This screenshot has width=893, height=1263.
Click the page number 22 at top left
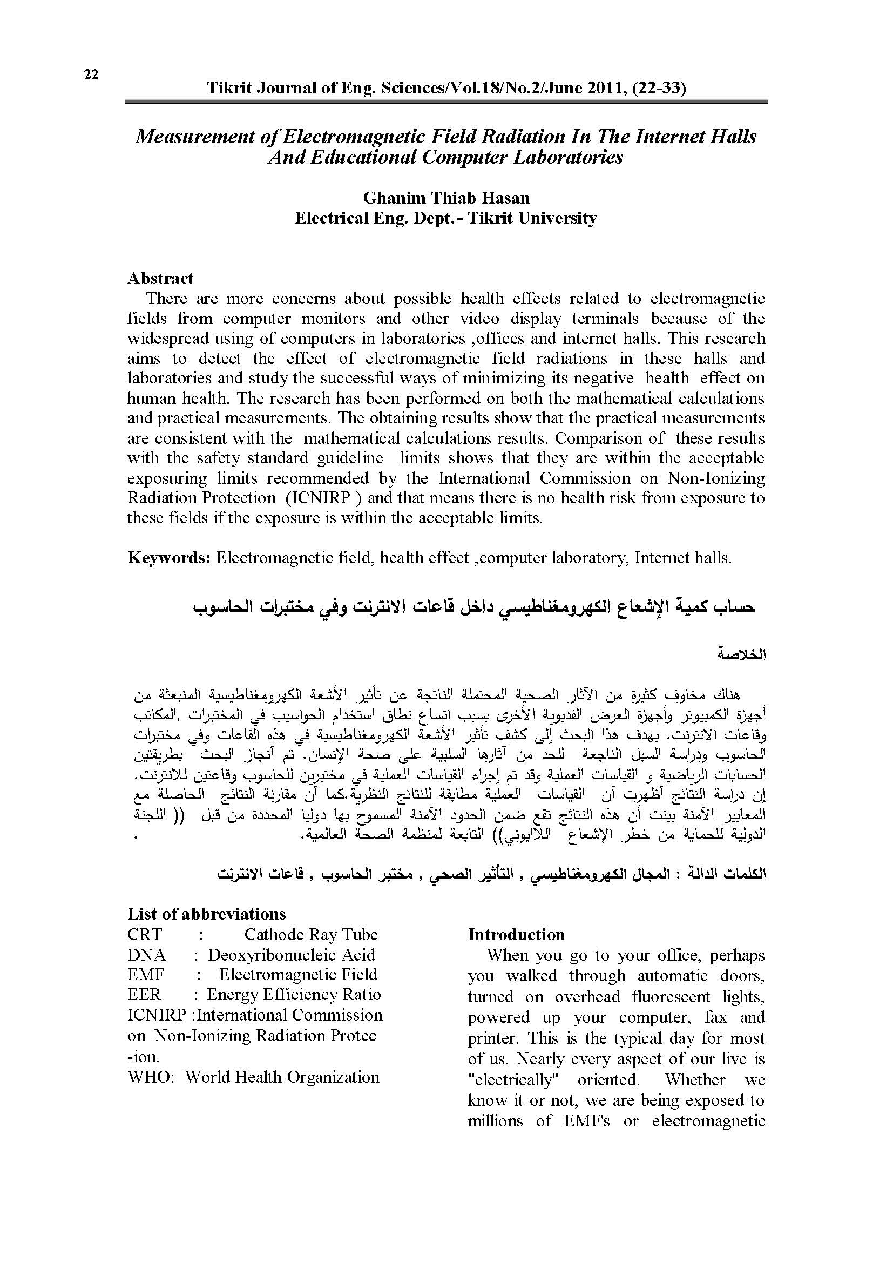pyautogui.click(x=91, y=75)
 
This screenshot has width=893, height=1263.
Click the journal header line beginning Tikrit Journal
pyautogui.click(x=446, y=88)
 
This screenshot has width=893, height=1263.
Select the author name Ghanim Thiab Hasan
pyautogui.click(x=446, y=198)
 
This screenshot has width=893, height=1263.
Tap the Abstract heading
pyautogui.click(x=160, y=278)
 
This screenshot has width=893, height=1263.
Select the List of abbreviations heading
pyautogui.click(x=207, y=914)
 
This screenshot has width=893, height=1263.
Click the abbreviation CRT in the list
pyautogui.click(x=145, y=935)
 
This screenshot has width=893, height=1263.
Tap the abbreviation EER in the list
pyautogui.click(x=144, y=995)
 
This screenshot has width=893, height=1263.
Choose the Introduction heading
pyautogui.click(x=516, y=935)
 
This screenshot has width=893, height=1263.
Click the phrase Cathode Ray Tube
pyautogui.click(x=311, y=935)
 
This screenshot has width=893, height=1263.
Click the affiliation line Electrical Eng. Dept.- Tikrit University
pyautogui.click(x=446, y=218)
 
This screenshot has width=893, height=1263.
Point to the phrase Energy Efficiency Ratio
pyautogui.click(x=294, y=995)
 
